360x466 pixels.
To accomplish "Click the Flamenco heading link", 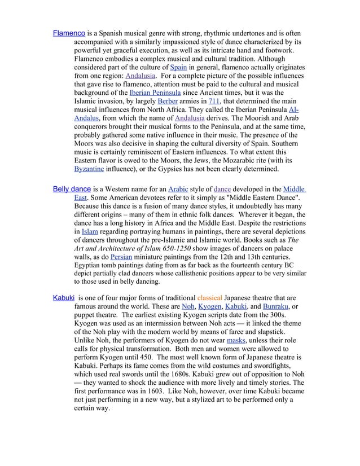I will coord(69,33).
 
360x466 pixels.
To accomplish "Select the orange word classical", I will coord(210,297).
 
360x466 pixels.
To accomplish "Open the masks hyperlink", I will coord(236,340).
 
